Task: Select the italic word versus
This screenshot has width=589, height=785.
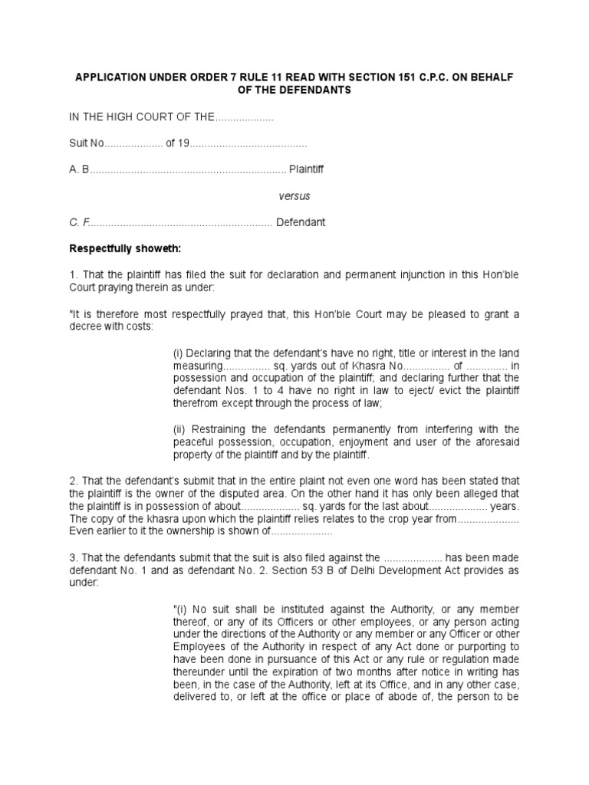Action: (x=294, y=196)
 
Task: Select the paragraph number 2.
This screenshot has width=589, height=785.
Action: (x=73, y=481)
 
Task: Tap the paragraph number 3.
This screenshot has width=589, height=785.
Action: (x=73, y=557)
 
